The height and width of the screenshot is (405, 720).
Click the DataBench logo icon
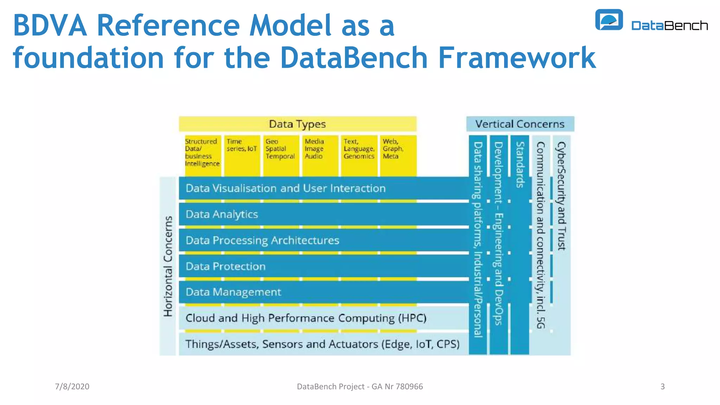tap(609, 20)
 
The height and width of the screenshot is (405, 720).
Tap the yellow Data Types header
tap(297, 124)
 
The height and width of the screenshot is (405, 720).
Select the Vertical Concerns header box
tap(520, 124)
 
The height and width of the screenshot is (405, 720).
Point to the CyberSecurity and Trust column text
tap(561, 195)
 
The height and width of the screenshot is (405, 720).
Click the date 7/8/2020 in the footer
tap(72, 386)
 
